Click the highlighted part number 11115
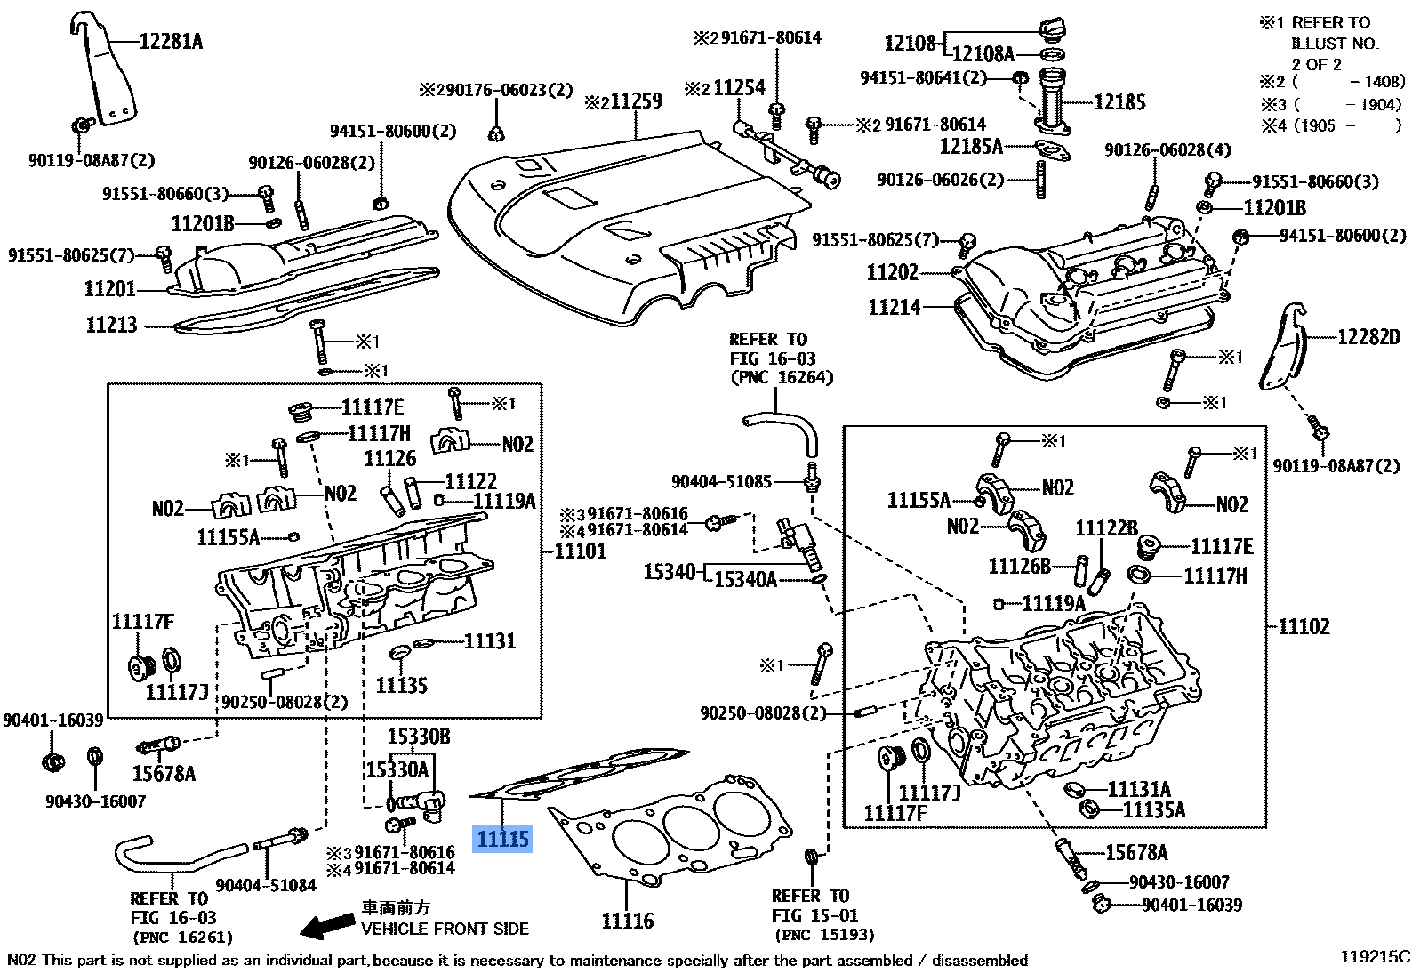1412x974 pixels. tap(502, 839)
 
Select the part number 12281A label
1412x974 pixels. tap(171, 42)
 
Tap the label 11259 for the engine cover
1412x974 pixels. tap(635, 101)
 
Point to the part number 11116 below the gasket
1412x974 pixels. tap(627, 921)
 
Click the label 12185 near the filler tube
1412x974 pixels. tap(1119, 102)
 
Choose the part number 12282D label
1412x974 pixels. tap(1368, 337)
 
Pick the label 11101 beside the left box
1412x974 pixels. tap(580, 551)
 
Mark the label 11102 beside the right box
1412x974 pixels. tap(1304, 627)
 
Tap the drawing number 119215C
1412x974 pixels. tap(1375, 957)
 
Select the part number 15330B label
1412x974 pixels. tap(418, 737)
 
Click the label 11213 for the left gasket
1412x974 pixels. tap(111, 326)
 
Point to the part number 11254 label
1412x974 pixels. tap(738, 88)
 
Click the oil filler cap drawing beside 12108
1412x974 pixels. tap(1053, 31)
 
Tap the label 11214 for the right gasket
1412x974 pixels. tap(894, 308)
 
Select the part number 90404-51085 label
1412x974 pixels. tap(721, 482)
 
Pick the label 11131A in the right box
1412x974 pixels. tap(1139, 790)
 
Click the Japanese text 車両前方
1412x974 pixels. tap(396, 907)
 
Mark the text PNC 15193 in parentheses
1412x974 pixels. tap(824, 935)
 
